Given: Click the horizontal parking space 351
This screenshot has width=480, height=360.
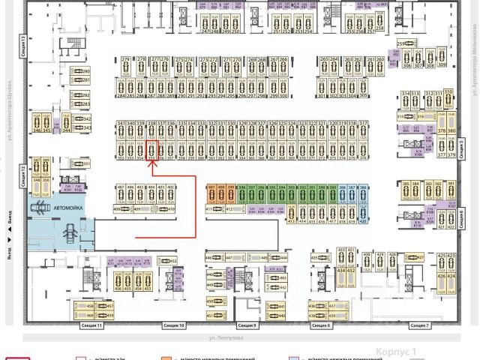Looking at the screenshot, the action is coord(77,163).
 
